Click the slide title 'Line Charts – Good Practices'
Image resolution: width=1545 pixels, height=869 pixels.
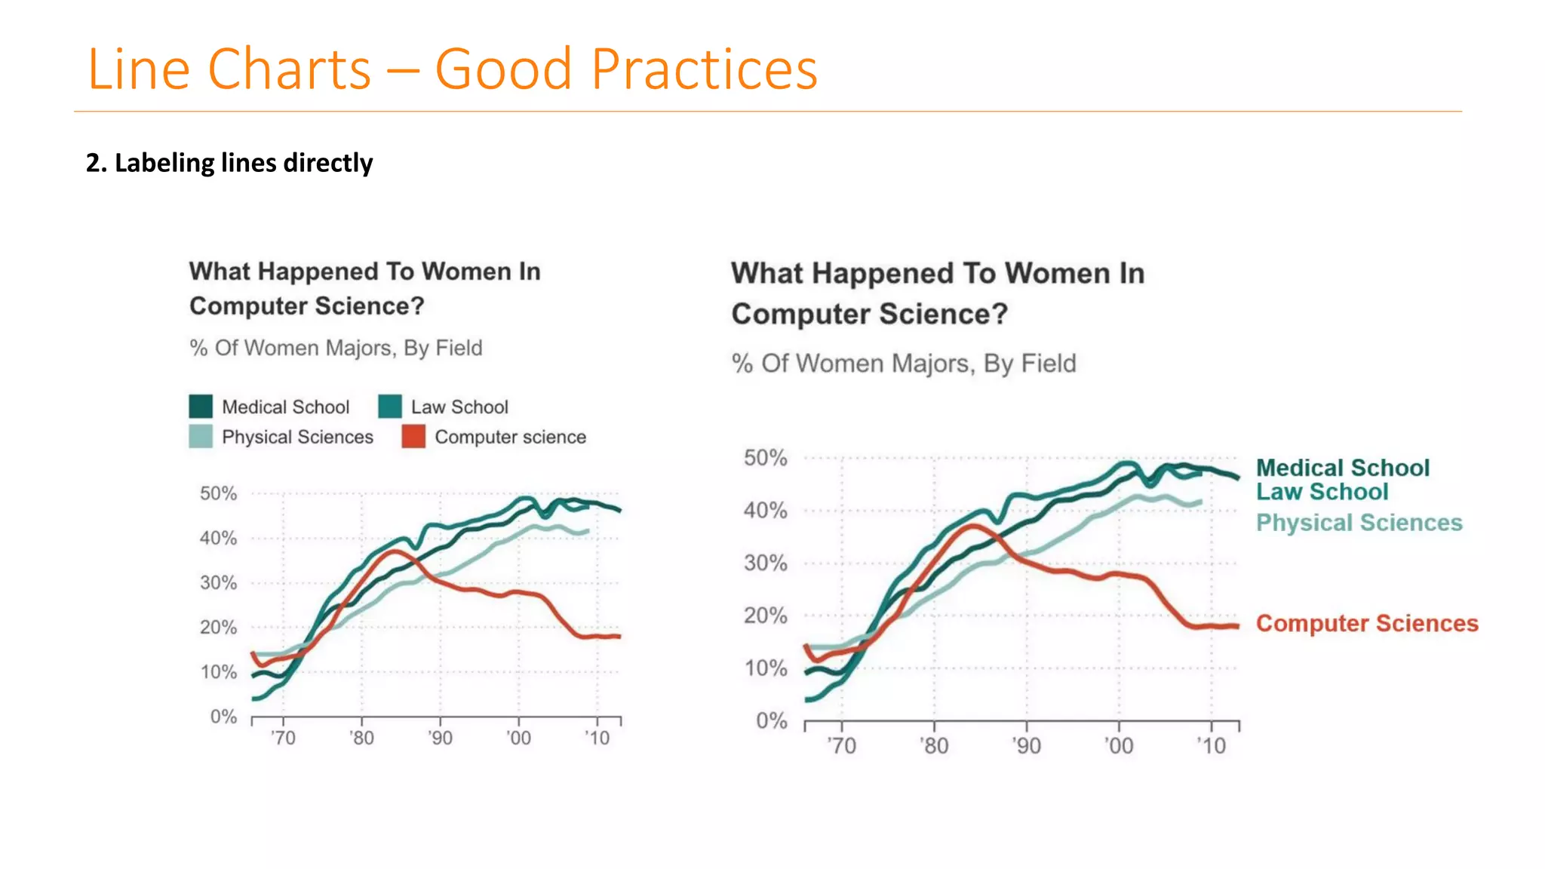(453, 69)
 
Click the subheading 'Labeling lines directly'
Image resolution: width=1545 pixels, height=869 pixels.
(229, 163)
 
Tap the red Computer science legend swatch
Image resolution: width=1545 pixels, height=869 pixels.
(413, 437)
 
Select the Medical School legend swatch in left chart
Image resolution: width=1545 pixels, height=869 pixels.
(201, 407)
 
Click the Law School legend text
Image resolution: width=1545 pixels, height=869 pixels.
(459, 407)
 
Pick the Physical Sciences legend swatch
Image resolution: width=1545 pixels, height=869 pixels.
(201, 437)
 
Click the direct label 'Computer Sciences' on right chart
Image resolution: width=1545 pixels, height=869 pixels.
(1366, 623)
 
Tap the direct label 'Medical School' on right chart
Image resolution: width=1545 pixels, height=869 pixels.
(1342, 468)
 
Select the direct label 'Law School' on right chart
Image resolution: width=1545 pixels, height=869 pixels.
(1322, 492)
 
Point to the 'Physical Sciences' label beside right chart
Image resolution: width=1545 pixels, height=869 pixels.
(1359, 523)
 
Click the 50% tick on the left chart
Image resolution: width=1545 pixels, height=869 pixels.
(218, 493)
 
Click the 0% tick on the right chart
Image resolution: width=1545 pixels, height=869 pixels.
(771, 721)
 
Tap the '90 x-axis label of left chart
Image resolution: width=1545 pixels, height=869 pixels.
(440, 738)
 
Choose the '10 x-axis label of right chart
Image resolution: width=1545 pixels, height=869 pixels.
(1212, 746)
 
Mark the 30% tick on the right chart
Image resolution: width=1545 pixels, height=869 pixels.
(765, 563)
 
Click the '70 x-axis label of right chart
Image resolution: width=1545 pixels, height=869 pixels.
(841, 746)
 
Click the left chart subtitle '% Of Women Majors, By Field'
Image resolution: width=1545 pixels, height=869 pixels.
(336, 348)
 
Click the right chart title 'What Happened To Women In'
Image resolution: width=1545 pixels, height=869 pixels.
(938, 273)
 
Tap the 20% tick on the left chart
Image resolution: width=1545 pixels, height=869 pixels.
(218, 628)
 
